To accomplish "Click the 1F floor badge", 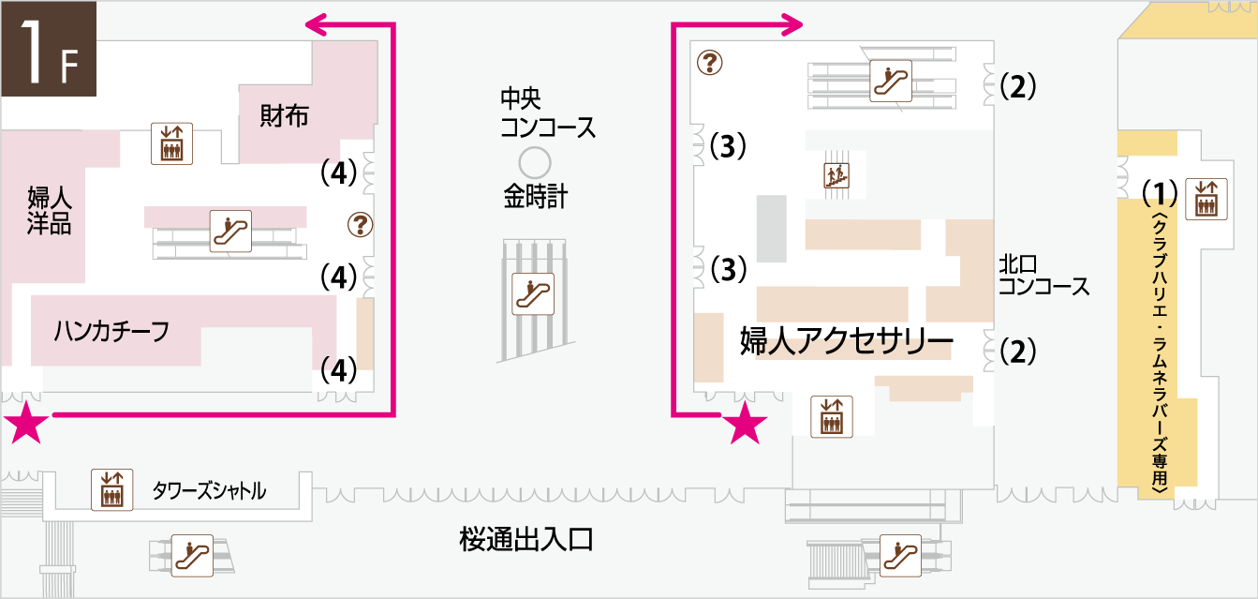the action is [x=49, y=49].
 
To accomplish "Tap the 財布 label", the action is [x=284, y=116].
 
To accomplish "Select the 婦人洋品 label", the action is [x=50, y=210].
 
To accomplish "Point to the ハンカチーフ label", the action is [x=111, y=331].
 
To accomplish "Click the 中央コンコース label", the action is [x=548, y=112].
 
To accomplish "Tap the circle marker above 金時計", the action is [x=535, y=163].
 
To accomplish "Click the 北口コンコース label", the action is [x=1043, y=276].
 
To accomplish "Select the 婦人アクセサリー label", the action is [x=847, y=340].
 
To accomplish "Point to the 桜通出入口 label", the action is [x=526, y=539].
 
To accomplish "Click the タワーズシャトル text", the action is [x=209, y=490].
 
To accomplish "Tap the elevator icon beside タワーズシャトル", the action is [x=112, y=490].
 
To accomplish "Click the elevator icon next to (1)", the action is [x=1206, y=199].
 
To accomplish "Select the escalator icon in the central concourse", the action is [x=533, y=294].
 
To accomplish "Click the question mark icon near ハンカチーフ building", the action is [x=360, y=225].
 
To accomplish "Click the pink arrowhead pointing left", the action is [x=317, y=24].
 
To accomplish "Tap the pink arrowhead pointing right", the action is [x=792, y=24].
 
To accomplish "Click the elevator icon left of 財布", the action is [x=171, y=143].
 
